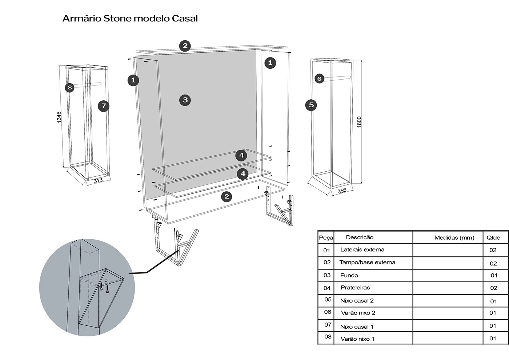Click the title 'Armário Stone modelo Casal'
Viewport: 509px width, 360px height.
point(130,18)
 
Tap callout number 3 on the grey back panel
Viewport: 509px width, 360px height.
point(185,100)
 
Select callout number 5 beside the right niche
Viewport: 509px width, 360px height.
point(311,105)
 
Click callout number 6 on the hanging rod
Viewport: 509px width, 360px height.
point(319,79)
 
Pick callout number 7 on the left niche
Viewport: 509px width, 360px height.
point(104,106)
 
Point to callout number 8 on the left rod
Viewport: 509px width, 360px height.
point(70,88)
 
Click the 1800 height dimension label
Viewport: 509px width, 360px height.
point(359,121)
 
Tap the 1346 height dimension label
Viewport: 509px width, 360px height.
point(59,117)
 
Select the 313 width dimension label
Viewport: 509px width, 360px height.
point(98,180)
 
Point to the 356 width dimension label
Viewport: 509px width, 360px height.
point(342,191)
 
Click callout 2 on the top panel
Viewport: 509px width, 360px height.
point(185,46)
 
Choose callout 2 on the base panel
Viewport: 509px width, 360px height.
point(227,197)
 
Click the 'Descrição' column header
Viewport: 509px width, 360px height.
point(360,237)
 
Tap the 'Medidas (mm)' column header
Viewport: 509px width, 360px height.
point(454,238)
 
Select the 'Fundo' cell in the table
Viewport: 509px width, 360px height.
point(349,275)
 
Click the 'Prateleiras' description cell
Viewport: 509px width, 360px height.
point(355,288)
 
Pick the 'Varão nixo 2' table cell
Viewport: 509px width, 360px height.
point(358,313)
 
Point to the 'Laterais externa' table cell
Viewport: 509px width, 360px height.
point(362,249)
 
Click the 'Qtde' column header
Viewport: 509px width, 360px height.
point(493,238)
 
